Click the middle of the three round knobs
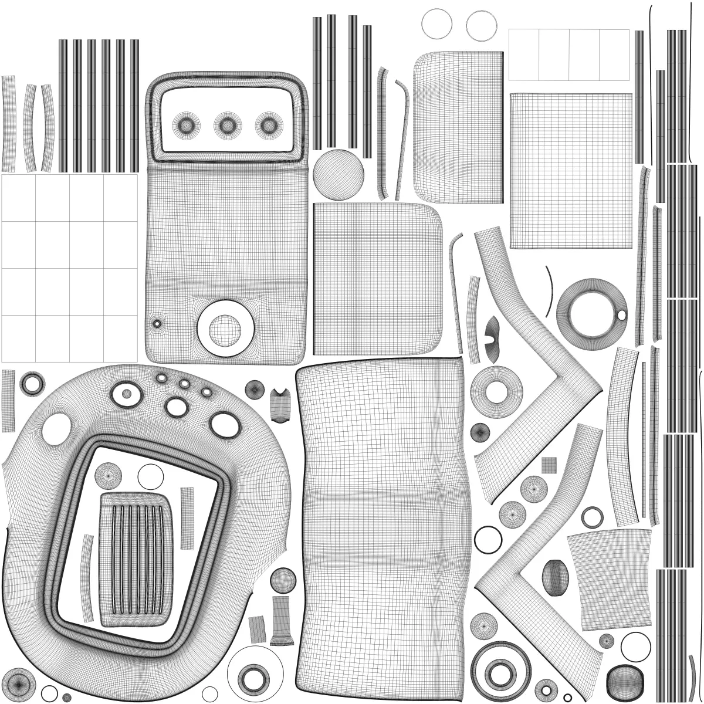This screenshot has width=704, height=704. (228, 124)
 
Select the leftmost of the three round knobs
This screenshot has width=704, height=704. (186, 124)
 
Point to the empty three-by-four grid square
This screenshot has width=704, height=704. (69, 268)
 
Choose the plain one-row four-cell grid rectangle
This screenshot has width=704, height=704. (568, 55)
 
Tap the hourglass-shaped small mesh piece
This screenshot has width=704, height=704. (280, 405)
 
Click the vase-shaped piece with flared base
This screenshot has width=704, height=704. (282, 621)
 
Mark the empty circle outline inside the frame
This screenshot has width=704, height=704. (150, 476)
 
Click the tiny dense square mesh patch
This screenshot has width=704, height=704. (549, 465)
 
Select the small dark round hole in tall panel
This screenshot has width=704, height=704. (157, 323)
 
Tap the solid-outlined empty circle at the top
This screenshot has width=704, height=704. (436, 23)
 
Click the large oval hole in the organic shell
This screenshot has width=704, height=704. (56, 428)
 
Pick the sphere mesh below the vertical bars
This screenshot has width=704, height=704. (339, 175)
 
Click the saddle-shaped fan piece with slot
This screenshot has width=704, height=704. (493, 339)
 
